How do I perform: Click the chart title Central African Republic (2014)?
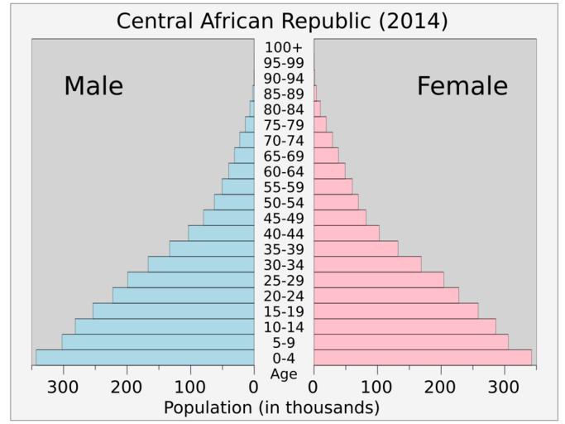282,21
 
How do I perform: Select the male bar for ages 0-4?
145,357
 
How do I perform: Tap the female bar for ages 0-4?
423,357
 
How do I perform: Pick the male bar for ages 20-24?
184,295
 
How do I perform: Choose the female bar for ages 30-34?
367,264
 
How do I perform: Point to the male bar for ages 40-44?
221,233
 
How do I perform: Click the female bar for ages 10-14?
405,326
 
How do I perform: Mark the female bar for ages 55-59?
333,186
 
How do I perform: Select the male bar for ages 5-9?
158,342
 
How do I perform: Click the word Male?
93,86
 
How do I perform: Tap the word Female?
462,86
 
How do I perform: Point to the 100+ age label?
284,47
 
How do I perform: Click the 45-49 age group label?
284,219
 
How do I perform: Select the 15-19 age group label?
284,312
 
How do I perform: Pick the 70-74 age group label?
284,141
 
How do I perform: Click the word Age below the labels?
284,373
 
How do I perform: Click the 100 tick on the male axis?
190,387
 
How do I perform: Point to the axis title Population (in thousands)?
271,407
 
